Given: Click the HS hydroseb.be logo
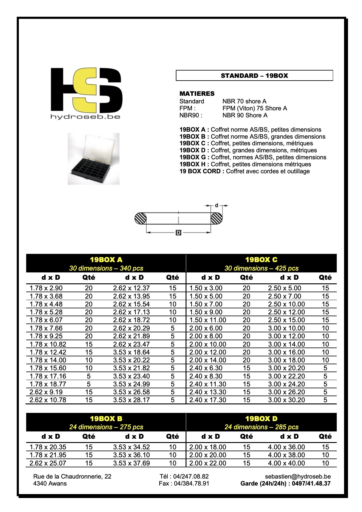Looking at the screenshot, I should (x=86, y=93).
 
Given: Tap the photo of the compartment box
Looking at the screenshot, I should (x=93, y=159).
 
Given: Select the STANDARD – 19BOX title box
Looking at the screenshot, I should (x=254, y=76).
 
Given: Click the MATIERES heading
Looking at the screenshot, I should (x=197, y=94).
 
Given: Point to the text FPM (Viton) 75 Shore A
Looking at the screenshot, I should (x=255, y=108).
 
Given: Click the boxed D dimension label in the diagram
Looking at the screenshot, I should (x=179, y=233).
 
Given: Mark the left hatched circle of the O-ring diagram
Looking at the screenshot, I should (x=141, y=218).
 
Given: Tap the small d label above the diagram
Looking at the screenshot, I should (x=217, y=206).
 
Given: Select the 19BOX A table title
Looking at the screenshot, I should (x=106, y=260).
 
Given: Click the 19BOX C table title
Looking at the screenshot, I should (x=261, y=260).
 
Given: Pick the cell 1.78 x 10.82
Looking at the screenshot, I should (x=48, y=344).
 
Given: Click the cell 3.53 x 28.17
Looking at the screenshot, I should (x=131, y=400).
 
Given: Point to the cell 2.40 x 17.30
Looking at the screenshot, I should (x=207, y=400).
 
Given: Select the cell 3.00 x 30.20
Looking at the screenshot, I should (x=286, y=400).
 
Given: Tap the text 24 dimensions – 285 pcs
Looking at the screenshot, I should (x=261, y=427).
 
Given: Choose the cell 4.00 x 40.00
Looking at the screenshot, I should (x=286, y=463).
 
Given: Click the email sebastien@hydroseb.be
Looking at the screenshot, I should (x=298, y=476).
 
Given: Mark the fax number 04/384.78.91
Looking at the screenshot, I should (x=184, y=483).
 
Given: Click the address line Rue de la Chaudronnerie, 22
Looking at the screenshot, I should (x=72, y=476).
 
